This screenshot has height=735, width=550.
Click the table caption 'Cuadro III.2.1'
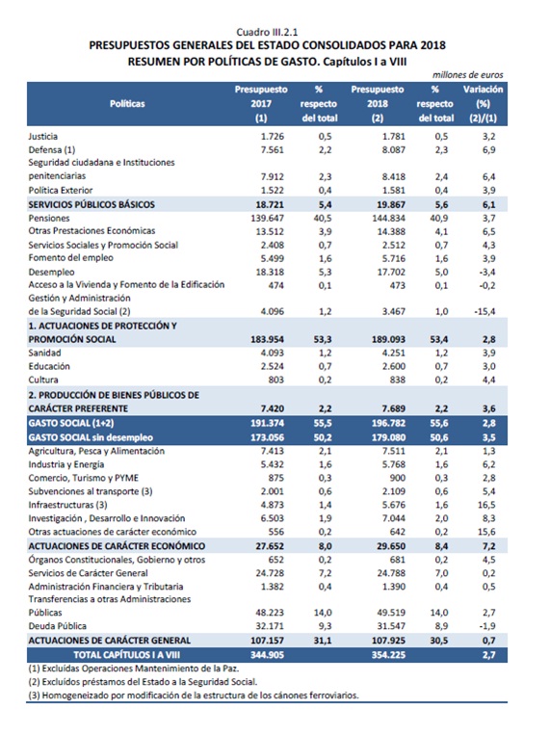[x=267, y=32]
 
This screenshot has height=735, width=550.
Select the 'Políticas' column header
[x=127, y=104]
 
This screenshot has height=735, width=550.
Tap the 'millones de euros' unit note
[x=467, y=74]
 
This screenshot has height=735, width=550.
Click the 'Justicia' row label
[x=43, y=137]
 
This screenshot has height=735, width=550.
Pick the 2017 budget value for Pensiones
[x=267, y=218]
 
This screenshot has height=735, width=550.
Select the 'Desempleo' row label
[x=51, y=272]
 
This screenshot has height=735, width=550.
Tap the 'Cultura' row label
[x=43, y=380]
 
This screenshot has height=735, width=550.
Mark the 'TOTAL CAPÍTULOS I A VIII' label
[x=126, y=654]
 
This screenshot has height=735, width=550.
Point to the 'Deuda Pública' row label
[x=57, y=626]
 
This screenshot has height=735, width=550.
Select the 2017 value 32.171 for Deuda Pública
[x=270, y=626]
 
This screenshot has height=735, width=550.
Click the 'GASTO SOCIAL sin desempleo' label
[x=91, y=437]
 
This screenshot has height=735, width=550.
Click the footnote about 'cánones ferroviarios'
[x=194, y=696]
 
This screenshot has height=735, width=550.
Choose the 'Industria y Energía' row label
[x=66, y=464]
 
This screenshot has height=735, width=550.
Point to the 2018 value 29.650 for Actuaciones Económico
[x=390, y=546]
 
